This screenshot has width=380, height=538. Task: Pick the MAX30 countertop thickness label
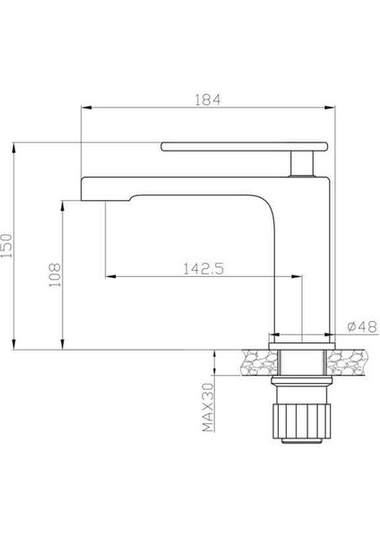(x=207, y=408)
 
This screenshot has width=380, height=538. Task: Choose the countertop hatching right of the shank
(x=348, y=361)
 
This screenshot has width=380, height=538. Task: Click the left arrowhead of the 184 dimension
(x=87, y=108)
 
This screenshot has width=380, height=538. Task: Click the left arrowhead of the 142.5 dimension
(x=109, y=275)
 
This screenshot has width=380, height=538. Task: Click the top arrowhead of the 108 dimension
(x=62, y=202)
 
